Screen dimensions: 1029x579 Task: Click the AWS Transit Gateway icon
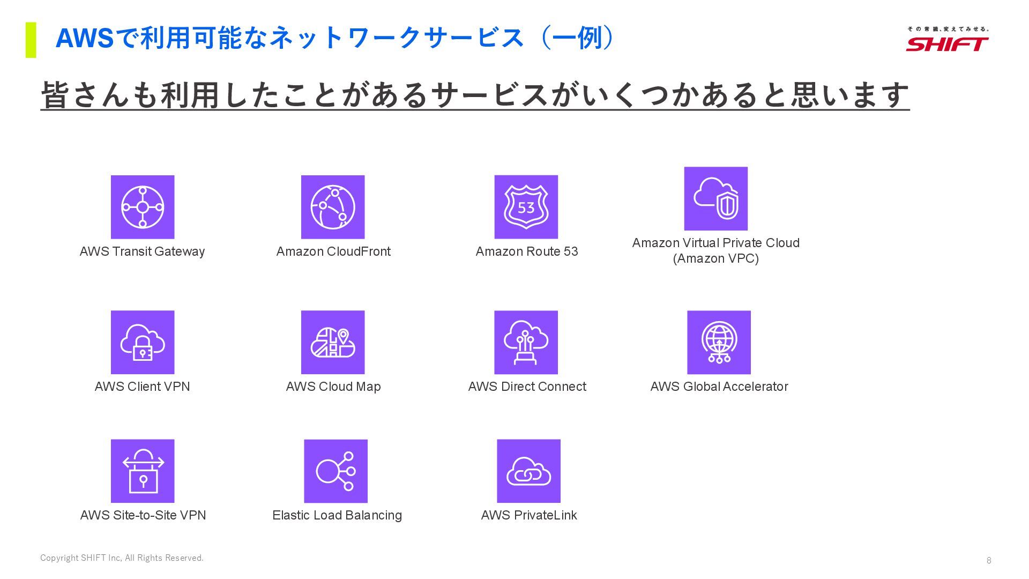click(143, 207)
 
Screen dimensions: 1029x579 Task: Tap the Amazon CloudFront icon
click(333, 207)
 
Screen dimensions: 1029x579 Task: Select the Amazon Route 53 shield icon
click(526, 207)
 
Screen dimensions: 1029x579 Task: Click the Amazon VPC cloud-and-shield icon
click(715, 198)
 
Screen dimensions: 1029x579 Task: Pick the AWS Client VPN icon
click(143, 342)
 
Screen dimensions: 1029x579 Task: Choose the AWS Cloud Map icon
click(333, 342)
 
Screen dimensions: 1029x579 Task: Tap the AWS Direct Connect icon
click(526, 342)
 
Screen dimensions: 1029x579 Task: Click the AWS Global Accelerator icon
click(719, 342)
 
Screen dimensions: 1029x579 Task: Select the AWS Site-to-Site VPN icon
click(143, 471)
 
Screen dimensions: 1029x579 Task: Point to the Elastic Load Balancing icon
click(335, 471)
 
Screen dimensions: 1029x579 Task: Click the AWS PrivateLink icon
click(528, 471)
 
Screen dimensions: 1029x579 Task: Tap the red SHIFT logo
click(947, 43)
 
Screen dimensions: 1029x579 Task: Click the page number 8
click(989, 560)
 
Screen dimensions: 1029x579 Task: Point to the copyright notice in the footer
click(122, 558)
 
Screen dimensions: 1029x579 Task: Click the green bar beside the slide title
click(31, 40)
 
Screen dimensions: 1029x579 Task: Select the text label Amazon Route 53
click(527, 251)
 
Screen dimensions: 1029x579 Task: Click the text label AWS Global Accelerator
click(719, 387)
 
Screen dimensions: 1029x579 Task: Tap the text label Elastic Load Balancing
click(337, 515)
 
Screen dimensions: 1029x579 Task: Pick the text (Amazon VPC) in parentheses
click(715, 258)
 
